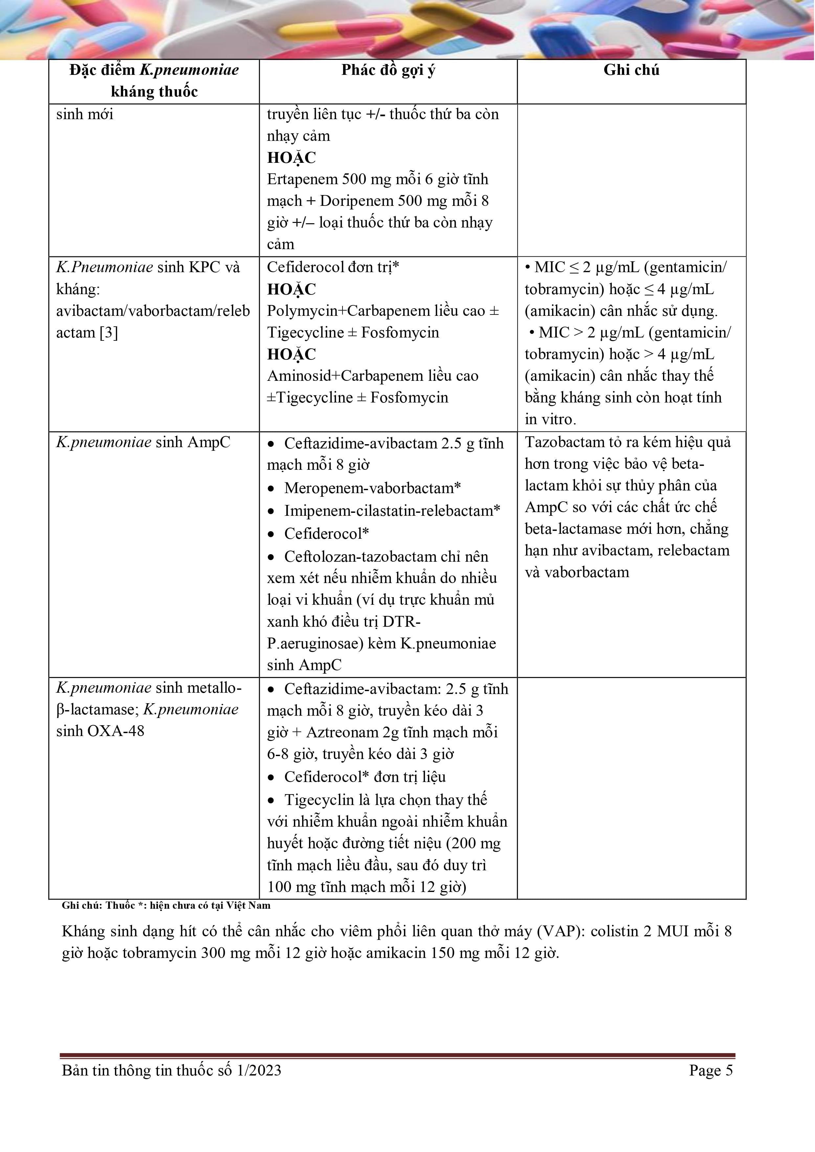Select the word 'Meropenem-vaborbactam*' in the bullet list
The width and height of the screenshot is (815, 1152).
pos(372,488)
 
